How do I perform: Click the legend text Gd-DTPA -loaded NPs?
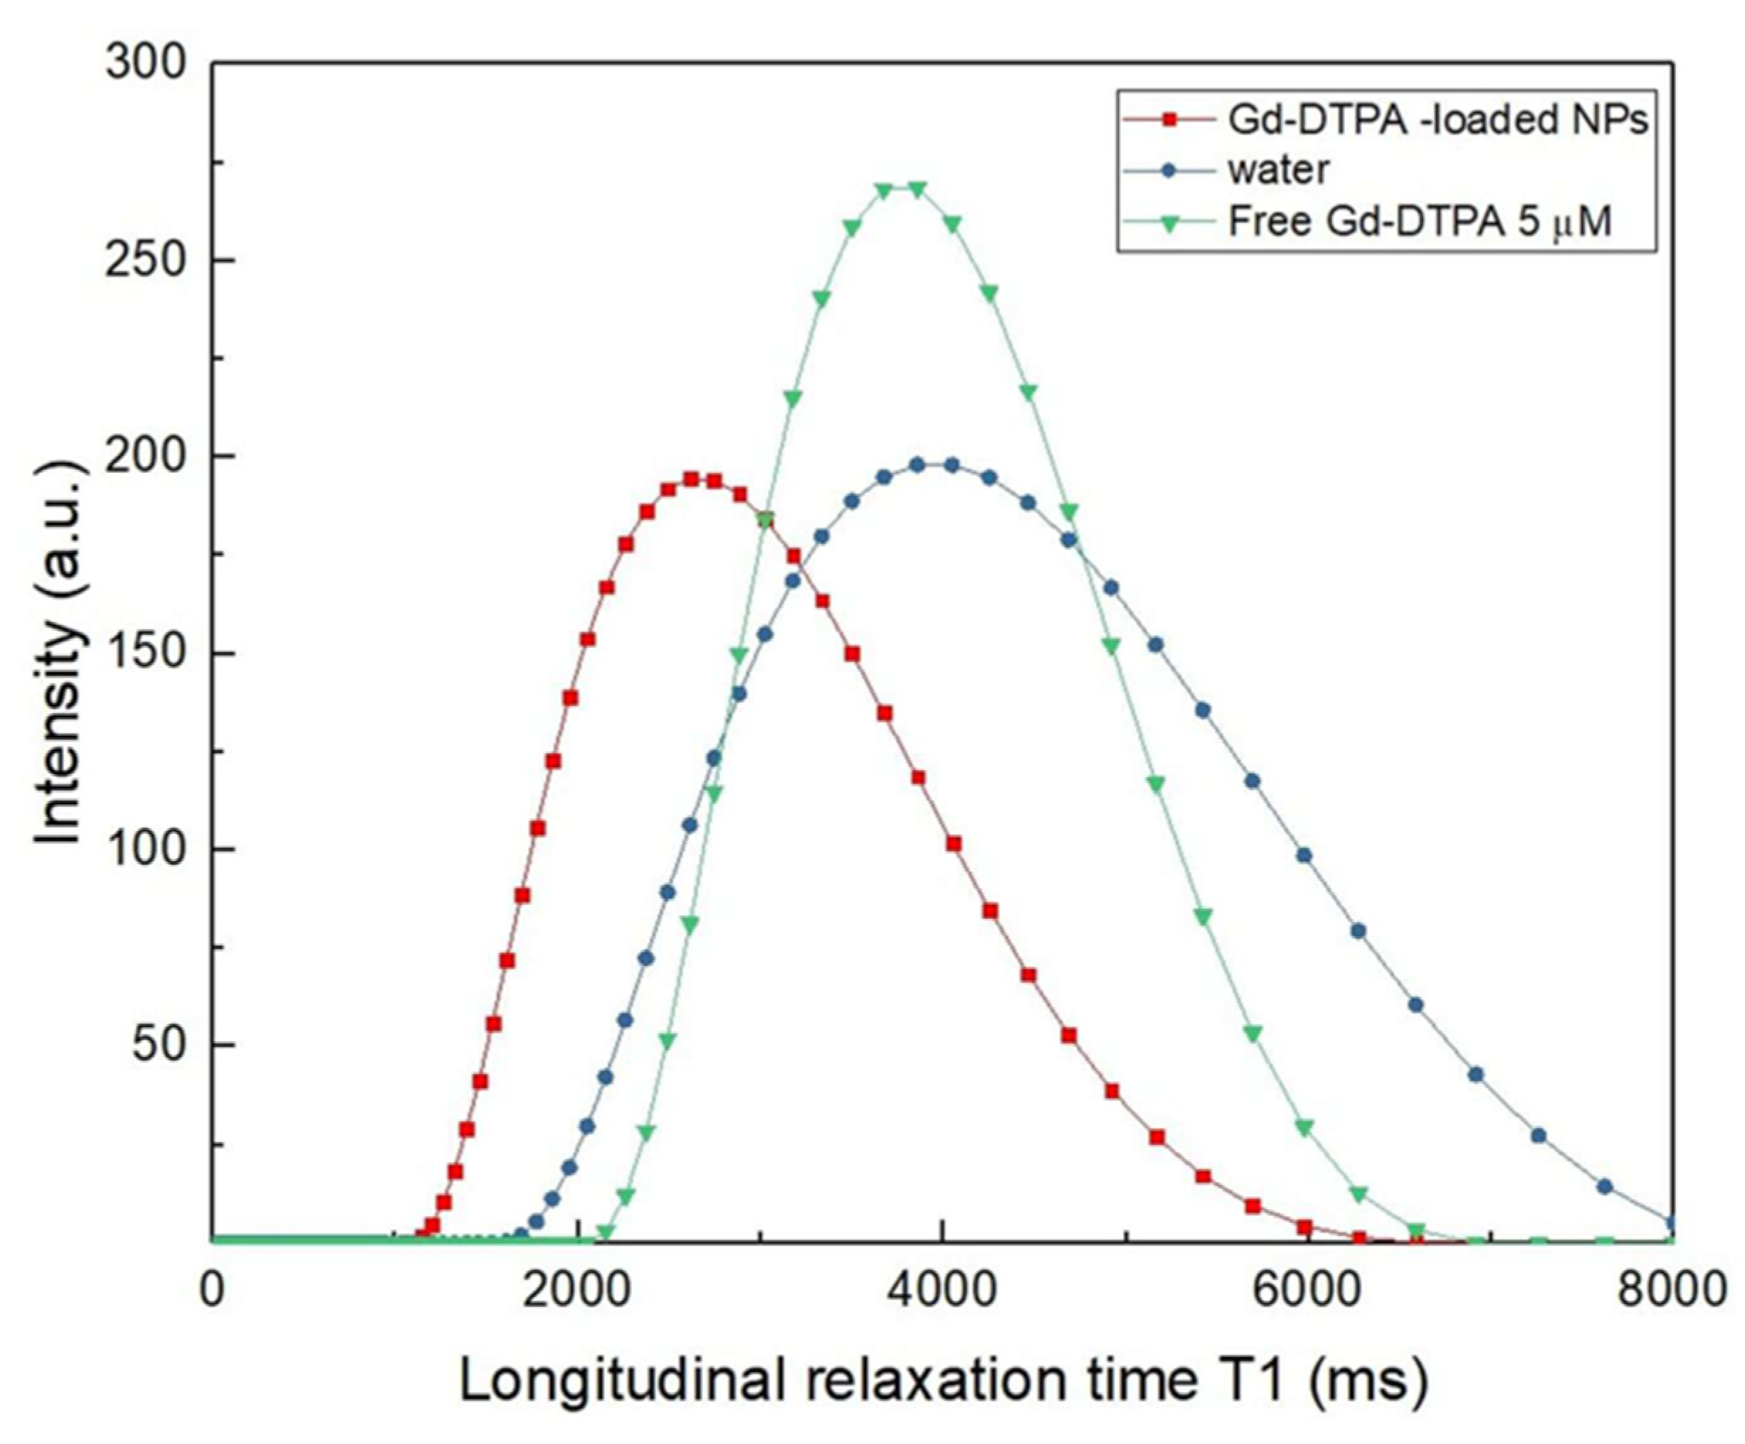point(1437,121)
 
